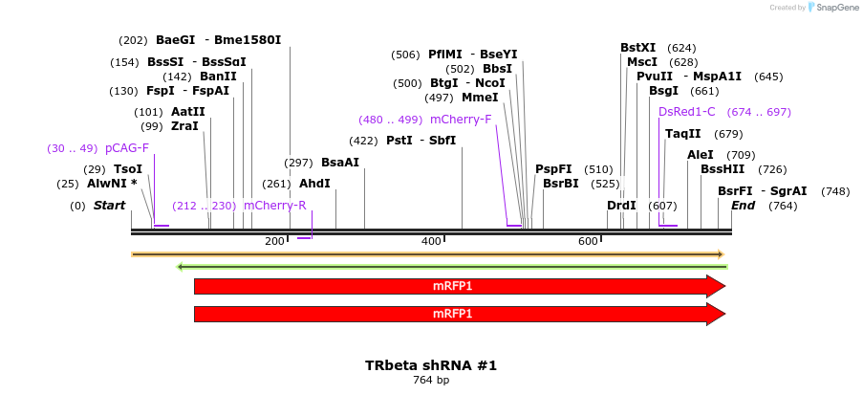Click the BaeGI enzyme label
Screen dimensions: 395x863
(175, 40)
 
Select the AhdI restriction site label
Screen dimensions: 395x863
(314, 183)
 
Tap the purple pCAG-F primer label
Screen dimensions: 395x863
(127, 148)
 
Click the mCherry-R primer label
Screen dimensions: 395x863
(274, 206)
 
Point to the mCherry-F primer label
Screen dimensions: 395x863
(461, 120)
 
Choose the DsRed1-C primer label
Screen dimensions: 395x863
(686, 112)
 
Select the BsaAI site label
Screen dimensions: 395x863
(340, 163)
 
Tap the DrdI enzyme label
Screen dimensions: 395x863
(621, 206)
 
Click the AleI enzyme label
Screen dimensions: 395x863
(701, 155)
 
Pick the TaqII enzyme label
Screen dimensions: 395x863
(682, 134)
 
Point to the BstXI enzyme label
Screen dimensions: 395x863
(637, 48)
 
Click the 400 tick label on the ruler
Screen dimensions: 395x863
(431, 241)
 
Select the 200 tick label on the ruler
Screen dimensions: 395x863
(273, 241)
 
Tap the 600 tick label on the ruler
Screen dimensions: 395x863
(588, 241)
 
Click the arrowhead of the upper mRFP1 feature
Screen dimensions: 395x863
(716, 286)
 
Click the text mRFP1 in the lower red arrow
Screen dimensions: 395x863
(452, 314)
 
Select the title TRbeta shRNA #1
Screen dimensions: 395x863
(431, 365)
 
